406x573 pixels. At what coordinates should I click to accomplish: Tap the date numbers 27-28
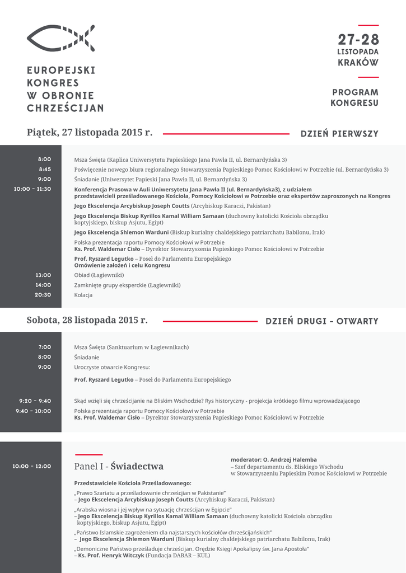tap(358, 40)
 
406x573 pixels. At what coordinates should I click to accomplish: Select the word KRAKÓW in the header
tap(358, 63)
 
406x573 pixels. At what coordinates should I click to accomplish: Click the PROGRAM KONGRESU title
tap(355, 97)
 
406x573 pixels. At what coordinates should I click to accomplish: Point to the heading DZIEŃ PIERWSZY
tap(339, 134)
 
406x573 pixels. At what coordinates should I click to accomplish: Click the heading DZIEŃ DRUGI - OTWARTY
tap(322, 322)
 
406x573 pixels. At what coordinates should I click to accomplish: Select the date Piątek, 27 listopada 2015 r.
tap(90, 133)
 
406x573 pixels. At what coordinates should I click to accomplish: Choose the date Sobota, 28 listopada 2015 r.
tap(87, 320)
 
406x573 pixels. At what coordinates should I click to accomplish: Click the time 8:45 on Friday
tap(45, 170)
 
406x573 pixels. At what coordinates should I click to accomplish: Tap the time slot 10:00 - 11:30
tap(32, 189)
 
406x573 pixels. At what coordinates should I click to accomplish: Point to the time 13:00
tap(43, 275)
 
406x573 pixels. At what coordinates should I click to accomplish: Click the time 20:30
tap(43, 295)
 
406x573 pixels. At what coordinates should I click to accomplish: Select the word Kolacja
tap(83, 295)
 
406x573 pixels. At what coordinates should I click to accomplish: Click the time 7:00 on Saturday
tap(45, 347)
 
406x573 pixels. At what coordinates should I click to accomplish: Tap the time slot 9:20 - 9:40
tap(35, 401)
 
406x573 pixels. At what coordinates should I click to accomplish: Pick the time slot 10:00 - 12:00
tap(32, 466)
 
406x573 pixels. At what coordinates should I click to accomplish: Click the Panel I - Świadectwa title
tap(119, 466)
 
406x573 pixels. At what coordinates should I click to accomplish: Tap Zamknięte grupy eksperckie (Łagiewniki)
tap(127, 285)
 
